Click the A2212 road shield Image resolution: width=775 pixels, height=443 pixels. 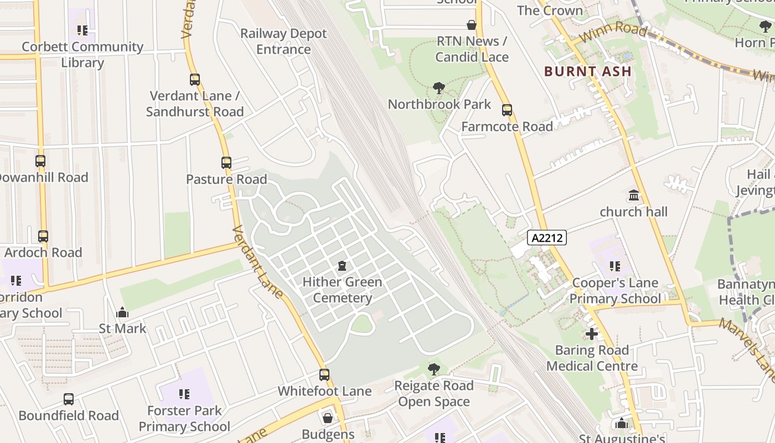[546, 238]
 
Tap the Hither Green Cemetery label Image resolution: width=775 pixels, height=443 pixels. [342, 290]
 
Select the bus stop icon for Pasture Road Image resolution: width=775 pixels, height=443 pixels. [226, 163]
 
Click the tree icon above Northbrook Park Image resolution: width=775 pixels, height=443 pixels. [439, 88]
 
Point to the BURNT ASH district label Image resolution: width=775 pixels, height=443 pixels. [587, 71]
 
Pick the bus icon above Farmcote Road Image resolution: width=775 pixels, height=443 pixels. [507, 110]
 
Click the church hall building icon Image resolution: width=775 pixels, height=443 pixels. [634, 195]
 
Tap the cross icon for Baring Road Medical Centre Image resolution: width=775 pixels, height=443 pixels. [592, 334]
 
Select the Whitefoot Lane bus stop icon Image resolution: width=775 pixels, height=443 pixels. [324, 375]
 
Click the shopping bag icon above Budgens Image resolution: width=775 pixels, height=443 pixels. [328, 418]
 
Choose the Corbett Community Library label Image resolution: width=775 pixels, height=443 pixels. [82, 54]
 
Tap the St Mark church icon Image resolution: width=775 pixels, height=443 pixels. [122, 313]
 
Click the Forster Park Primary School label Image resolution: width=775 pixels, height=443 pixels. [184, 419]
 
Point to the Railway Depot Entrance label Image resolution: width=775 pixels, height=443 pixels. [283, 42]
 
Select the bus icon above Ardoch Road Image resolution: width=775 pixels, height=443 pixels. [43, 236]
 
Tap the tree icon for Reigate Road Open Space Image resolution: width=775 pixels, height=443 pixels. [434, 369]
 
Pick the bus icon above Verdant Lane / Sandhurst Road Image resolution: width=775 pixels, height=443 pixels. [194, 80]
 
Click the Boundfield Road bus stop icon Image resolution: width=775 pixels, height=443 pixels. [69, 399]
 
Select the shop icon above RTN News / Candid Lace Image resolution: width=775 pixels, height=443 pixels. [472, 25]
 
